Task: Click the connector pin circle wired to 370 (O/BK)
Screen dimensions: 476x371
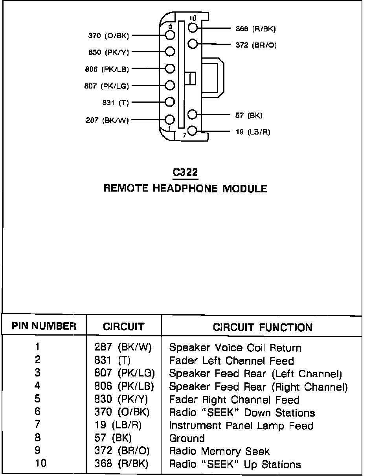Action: [170, 35]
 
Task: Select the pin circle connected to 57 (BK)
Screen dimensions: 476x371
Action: [192, 114]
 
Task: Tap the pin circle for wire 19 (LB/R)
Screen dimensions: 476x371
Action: [192, 131]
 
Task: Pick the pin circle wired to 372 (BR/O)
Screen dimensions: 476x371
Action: [192, 44]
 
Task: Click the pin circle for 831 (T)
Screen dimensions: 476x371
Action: [170, 102]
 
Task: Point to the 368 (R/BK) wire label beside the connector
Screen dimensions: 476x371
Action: [255, 29]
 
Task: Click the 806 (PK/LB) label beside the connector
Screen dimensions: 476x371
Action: [107, 69]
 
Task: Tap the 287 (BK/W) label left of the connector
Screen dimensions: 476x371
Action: [107, 120]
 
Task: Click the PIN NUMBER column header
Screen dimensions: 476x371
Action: [44, 326]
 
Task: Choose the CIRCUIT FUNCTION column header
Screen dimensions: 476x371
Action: [263, 327]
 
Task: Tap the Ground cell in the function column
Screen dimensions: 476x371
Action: [187, 438]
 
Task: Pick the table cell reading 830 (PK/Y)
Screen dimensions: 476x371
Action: [121, 400]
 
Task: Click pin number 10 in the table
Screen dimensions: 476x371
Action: [40, 463]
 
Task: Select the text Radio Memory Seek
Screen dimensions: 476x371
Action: [219, 451]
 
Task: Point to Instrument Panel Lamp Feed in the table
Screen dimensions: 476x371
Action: [241, 426]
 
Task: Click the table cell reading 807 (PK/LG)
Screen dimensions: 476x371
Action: [124, 373]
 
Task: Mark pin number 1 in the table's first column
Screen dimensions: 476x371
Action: [38, 347]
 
